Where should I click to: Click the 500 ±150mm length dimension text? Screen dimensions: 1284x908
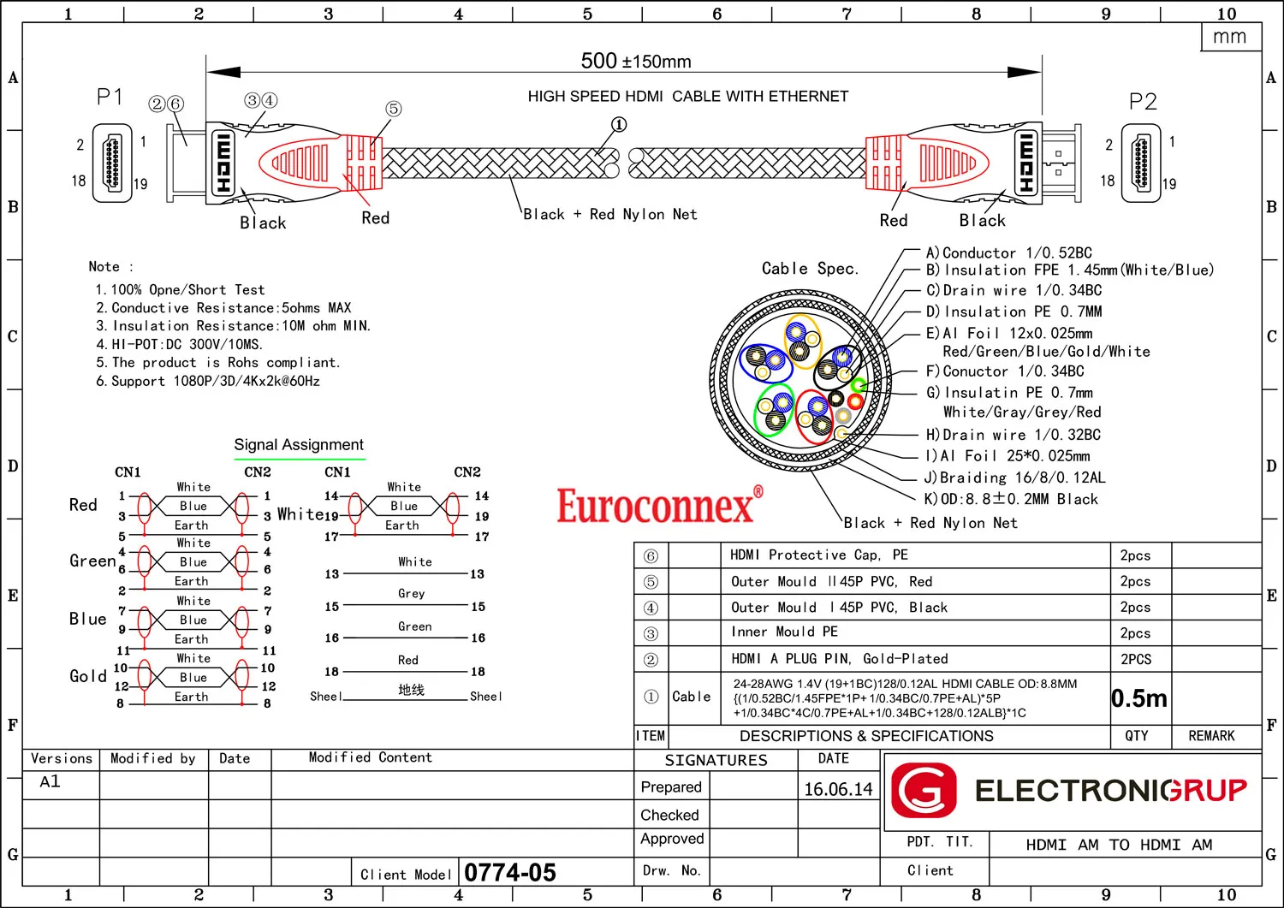coord(636,61)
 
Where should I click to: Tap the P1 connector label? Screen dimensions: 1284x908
coord(109,97)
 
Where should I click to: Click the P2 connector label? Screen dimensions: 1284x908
coord(1143,102)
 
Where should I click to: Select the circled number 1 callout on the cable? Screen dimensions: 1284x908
coord(619,124)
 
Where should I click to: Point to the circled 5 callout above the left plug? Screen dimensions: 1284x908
coord(393,109)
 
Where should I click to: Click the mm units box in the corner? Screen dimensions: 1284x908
coord(1230,37)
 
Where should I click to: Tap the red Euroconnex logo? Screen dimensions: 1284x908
coord(660,504)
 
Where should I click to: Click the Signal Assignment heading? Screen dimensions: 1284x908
coord(299,445)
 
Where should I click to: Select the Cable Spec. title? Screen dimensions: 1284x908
coord(810,268)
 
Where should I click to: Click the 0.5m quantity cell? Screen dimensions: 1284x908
coord(1139,698)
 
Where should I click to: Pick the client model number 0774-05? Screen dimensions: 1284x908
coord(509,872)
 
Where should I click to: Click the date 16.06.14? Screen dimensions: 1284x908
coord(838,789)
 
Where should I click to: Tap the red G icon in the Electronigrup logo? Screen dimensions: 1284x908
coord(924,790)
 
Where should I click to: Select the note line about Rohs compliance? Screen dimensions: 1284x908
coord(217,362)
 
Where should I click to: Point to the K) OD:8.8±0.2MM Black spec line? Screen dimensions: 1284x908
coord(1011,499)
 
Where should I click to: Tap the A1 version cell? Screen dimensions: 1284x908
coord(50,782)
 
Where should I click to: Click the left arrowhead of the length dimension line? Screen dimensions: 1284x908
coord(223,72)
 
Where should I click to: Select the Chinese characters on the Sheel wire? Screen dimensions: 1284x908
coord(412,690)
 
